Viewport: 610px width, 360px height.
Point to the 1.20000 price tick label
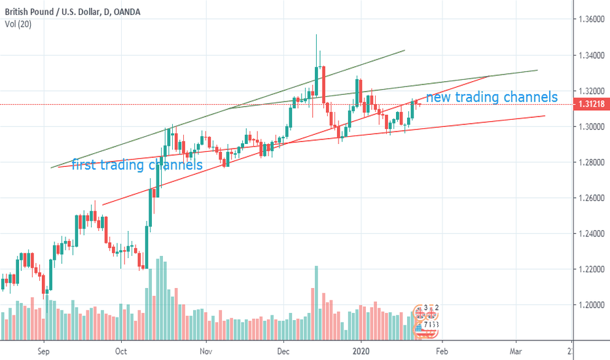tap(591, 305)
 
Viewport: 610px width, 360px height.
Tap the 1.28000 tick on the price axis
tap(591, 162)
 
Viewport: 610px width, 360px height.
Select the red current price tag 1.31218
tap(591, 105)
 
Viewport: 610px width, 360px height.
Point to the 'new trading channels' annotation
tap(492, 98)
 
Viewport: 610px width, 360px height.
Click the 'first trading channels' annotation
tap(137, 165)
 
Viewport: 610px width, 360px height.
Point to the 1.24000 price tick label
tap(591, 234)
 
